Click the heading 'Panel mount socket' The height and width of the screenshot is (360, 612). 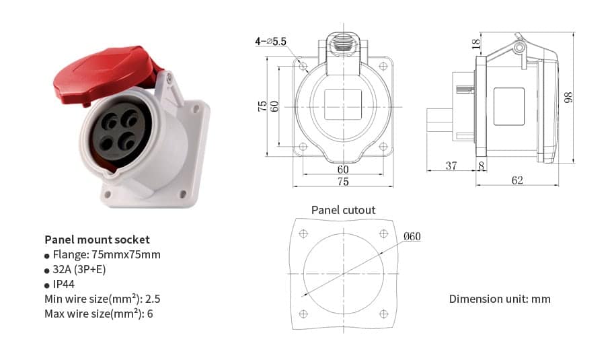click(x=97, y=240)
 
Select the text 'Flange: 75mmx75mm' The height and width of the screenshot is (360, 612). click(x=106, y=254)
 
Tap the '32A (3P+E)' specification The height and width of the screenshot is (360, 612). click(x=79, y=269)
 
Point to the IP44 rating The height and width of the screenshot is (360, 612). click(x=64, y=284)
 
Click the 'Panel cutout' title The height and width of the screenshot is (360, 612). click(x=343, y=210)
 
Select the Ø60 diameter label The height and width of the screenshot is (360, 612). click(x=412, y=236)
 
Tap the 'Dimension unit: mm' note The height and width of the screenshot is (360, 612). click(x=500, y=299)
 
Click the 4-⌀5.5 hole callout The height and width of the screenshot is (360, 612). click(x=270, y=42)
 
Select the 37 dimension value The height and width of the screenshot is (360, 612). click(x=451, y=166)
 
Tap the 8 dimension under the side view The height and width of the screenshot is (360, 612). click(x=481, y=166)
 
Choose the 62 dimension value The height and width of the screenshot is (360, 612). click(x=517, y=180)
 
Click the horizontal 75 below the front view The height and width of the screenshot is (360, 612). click(x=343, y=182)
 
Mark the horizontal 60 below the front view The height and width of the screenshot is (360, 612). click(x=343, y=169)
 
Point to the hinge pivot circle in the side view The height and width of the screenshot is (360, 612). click(x=519, y=48)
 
